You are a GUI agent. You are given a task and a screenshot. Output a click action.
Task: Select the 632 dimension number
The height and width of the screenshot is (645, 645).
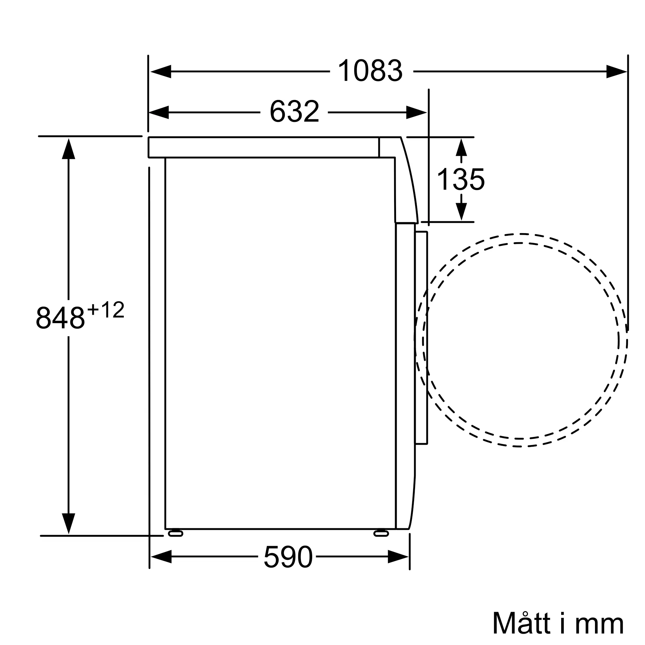pos(294,111)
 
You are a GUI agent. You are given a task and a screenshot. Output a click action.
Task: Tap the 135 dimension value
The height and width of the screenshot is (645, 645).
pos(461,179)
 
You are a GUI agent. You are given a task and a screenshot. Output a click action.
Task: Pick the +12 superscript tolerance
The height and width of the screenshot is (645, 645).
pos(105,310)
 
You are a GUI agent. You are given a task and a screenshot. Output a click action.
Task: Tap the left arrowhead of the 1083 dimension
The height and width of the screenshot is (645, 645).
pos(161,72)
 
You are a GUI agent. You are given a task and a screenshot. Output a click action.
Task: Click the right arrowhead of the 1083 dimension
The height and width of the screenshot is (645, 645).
pos(617,72)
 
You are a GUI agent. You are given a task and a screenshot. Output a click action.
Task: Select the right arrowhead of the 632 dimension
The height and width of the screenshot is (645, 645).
pos(417,113)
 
